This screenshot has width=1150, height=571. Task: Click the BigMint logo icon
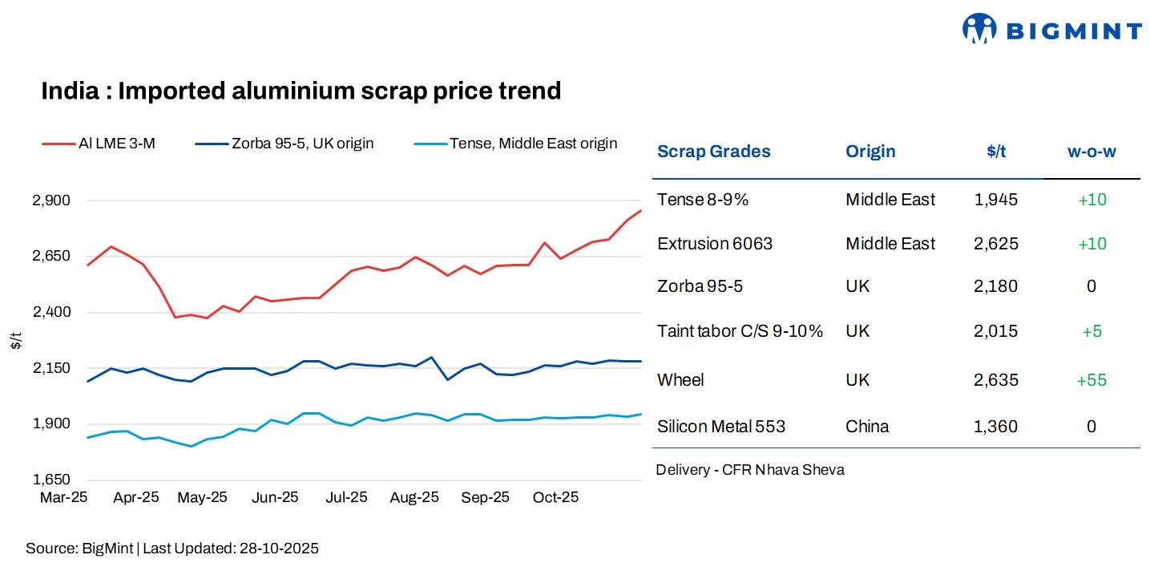click(x=979, y=29)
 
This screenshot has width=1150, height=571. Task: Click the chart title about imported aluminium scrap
click(x=301, y=91)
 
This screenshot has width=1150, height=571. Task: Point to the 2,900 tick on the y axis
click(x=51, y=200)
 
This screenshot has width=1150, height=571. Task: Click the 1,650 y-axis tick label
click(x=51, y=480)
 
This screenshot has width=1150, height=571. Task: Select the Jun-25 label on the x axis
click(x=275, y=497)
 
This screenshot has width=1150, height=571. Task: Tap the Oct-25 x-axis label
click(x=555, y=497)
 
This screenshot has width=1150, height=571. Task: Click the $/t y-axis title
click(x=16, y=340)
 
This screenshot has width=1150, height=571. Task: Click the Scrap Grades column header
click(x=713, y=152)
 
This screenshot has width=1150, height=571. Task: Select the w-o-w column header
click(x=1091, y=152)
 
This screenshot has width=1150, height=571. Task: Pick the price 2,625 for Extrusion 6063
click(x=996, y=244)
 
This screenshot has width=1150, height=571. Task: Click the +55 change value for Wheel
click(x=1091, y=380)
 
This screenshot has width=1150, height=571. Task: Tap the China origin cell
click(x=867, y=427)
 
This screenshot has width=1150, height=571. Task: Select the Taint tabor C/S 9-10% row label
click(x=740, y=331)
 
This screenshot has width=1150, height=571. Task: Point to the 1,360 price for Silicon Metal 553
click(x=996, y=427)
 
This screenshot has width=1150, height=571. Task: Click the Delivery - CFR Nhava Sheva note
click(x=749, y=470)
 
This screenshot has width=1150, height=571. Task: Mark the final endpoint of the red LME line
click(x=641, y=210)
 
